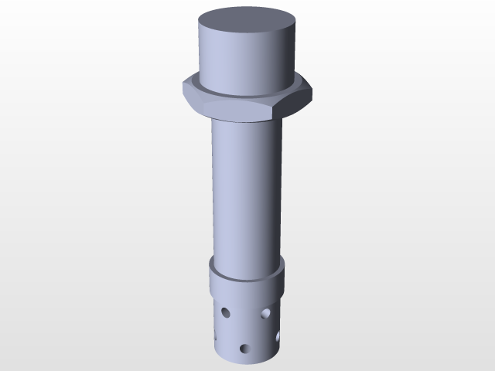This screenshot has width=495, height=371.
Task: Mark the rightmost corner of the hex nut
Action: pyautogui.click(x=312, y=90)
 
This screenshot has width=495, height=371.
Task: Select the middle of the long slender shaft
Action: pyautogui.click(x=246, y=193)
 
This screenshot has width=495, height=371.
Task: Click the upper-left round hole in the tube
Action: pyautogui.click(x=226, y=313)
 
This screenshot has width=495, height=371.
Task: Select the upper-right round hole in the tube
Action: pyautogui.click(x=265, y=313)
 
